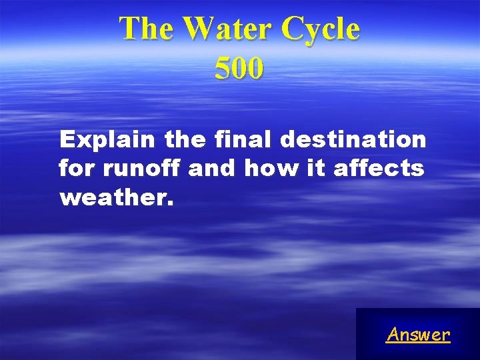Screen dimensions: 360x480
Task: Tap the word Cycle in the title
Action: [321, 29]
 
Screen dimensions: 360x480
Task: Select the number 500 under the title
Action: [239, 69]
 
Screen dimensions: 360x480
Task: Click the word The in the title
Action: [147, 29]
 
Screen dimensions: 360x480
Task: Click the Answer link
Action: [418, 334]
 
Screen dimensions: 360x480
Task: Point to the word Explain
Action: [107, 140]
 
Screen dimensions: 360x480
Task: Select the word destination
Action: [353, 140]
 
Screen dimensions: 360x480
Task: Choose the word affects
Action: [378, 169]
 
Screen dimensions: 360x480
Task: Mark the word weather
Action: [113, 197]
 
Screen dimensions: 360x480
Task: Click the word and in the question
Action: [212, 169]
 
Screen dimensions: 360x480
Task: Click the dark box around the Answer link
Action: [373, 320]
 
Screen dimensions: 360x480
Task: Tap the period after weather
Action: [170, 202]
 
